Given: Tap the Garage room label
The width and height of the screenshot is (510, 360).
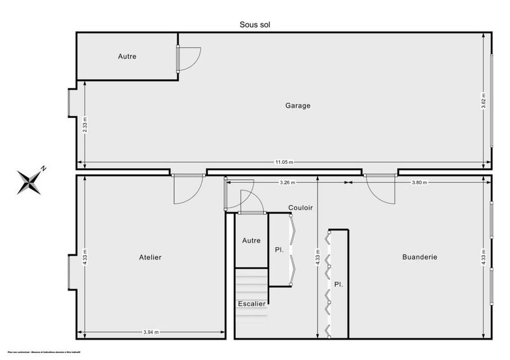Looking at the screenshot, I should click(x=298, y=106).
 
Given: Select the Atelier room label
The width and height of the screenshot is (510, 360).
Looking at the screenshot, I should click(x=150, y=257).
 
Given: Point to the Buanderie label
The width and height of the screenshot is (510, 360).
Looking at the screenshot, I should click(x=419, y=257).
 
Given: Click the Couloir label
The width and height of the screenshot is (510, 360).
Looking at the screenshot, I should click(x=300, y=207).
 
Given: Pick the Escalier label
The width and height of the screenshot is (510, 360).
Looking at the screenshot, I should click(x=252, y=304).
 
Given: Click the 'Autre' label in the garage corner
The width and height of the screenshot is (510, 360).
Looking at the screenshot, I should click(x=127, y=56).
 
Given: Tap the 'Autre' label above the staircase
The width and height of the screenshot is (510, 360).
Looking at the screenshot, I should click(x=251, y=241).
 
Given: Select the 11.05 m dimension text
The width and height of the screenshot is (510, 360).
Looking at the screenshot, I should click(x=284, y=162).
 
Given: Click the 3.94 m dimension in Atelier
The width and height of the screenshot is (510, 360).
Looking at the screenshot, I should click(x=151, y=332).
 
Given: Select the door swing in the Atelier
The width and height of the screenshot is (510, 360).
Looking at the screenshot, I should click(x=187, y=190).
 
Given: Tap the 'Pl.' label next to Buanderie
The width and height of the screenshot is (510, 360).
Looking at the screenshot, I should click(x=339, y=284).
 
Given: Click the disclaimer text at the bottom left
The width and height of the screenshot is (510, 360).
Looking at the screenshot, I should click(x=47, y=352).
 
